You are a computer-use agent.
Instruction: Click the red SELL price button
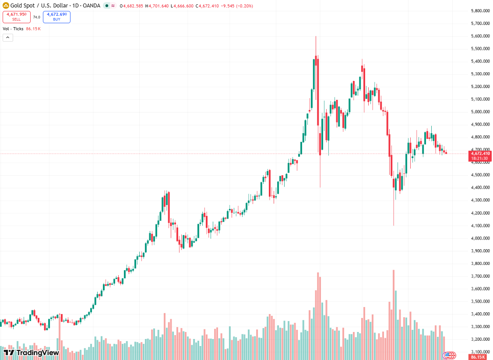coord(17,17)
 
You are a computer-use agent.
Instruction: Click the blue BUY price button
coord(56,17)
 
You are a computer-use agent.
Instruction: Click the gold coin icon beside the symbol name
coord(6,6)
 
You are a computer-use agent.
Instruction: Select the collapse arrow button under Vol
coord(8,38)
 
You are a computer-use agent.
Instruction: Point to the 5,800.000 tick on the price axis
coord(480,11)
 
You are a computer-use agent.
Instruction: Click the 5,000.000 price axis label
coord(480,112)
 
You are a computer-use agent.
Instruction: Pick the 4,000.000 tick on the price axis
coord(480,238)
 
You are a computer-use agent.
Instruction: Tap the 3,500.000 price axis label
coord(480,301)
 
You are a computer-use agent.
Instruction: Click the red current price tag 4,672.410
coord(480,153)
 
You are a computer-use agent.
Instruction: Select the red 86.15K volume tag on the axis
coord(477,357)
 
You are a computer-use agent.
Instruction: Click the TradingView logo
coord(31,353)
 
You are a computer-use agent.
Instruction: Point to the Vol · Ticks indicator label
coord(13,28)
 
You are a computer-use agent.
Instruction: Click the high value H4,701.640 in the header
coord(157,6)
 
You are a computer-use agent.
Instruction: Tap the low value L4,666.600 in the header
coord(182,6)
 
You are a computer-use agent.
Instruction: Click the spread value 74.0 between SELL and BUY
coord(37,17)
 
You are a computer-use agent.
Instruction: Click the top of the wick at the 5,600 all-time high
coord(316,36)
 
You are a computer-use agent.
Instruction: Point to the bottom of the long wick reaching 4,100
coord(393,226)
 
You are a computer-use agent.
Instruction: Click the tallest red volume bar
coord(393,315)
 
